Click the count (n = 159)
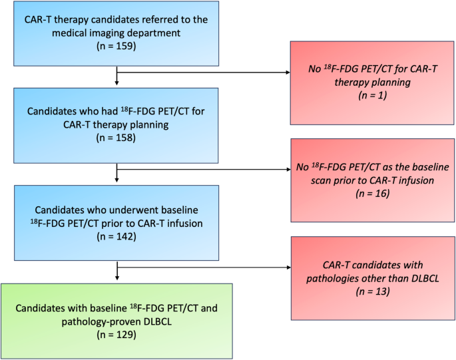(x=116, y=47)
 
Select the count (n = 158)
(x=116, y=138)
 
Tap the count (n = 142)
(x=116, y=235)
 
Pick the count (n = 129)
(x=116, y=335)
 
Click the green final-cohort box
(x=116, y=319)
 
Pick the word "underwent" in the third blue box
(x=114, y=208)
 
